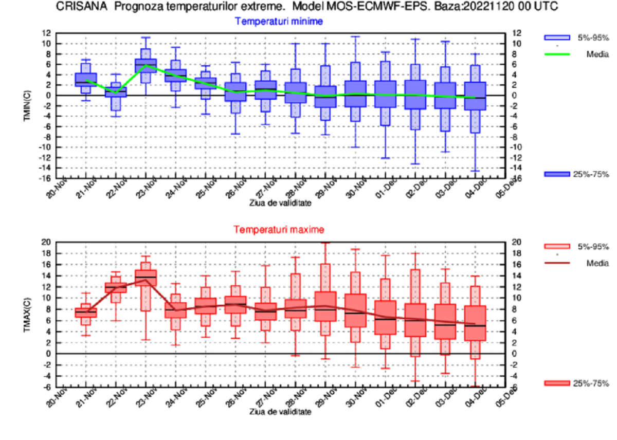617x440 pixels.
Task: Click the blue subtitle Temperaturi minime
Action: tap(279, 22)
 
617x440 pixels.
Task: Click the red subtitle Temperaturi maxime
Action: tap(279, 230)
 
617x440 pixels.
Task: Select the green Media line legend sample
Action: tap(557, 53)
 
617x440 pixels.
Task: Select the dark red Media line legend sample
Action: tap(557, 263)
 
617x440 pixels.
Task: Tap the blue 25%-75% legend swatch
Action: tap(557, 174)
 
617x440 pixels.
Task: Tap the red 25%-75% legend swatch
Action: tap(557, 383)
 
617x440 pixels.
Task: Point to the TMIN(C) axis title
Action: tap(28, 106)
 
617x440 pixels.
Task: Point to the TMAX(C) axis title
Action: tap(28, 313)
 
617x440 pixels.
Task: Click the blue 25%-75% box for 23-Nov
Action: tap(146, 66)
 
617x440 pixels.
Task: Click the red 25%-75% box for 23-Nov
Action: tap(146, 278)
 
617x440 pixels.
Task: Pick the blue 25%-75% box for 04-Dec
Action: tap(475, 96)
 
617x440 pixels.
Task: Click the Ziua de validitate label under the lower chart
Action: tap(280, 412)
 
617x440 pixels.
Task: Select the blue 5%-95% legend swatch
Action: tap(557, 37)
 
